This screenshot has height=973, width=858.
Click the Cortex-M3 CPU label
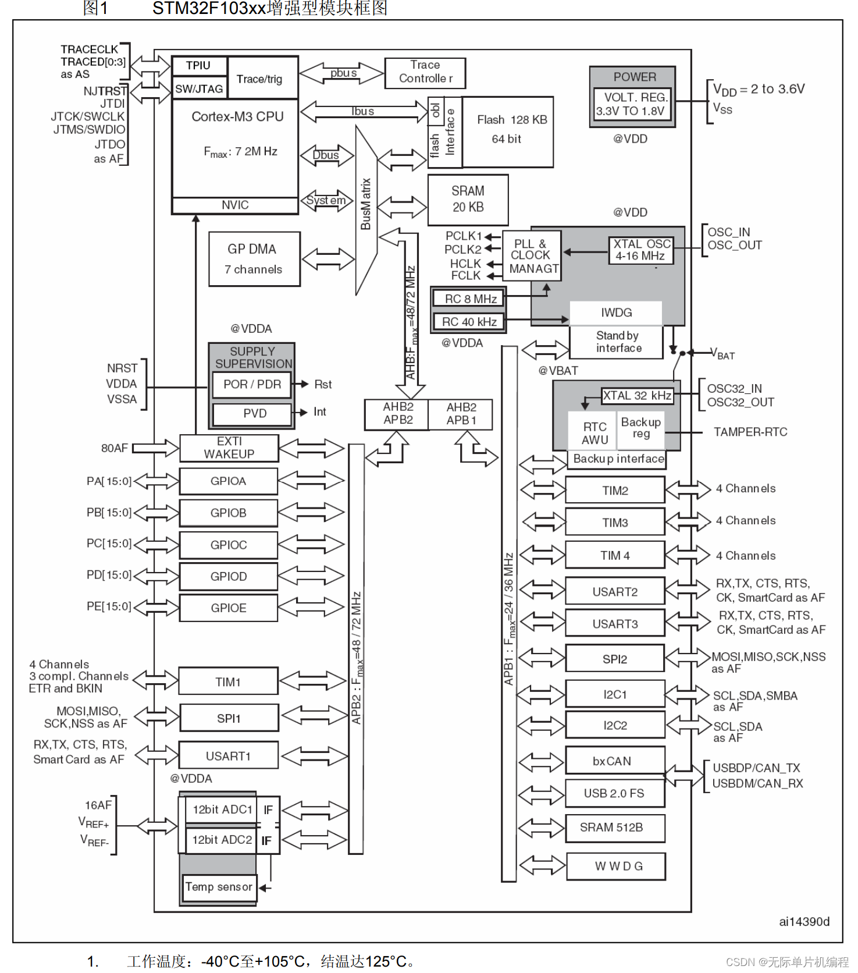point(237,117)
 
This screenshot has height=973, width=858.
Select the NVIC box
point(235,205)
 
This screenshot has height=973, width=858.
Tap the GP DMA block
point(254,259)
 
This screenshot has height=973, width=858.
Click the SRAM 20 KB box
point(468,200)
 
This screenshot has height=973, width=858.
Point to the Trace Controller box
point(425,72)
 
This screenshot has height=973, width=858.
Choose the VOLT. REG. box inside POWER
point(632,105)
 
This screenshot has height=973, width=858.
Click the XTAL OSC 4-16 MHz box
point(641,250)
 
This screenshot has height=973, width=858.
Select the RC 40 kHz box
point(469,322)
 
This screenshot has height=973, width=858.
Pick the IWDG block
point(616,313)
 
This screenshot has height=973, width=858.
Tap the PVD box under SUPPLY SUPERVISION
point(252,414)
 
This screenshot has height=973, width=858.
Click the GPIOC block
point(229,545)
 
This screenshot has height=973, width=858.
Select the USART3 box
point(615,624)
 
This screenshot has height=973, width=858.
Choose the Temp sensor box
point(219,887)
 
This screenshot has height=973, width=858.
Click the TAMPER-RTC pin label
point(750,432)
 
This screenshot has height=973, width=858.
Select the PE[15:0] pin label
point(109,606)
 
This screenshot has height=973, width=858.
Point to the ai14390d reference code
point(804,922)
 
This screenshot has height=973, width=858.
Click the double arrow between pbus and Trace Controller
point(342,73)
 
